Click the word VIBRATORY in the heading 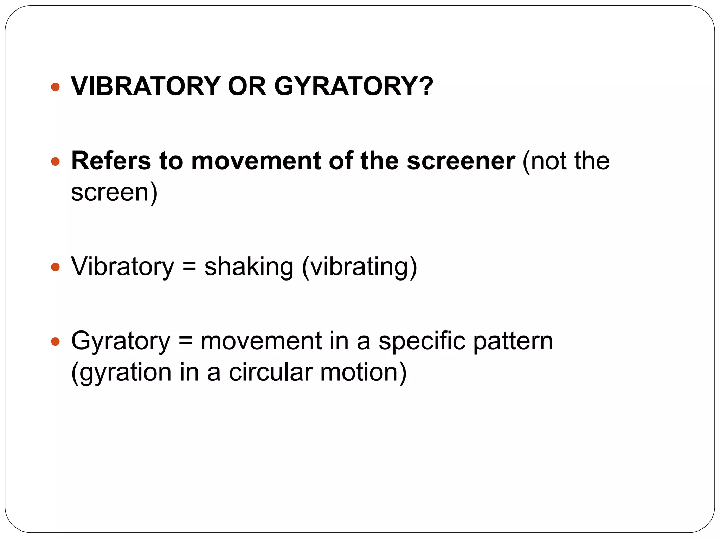click(146, 86)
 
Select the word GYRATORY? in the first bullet click(354, 86)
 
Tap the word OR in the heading click(247, 86)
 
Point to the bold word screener click(461, 161)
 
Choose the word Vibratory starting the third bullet click(123, 266)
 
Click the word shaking click(249, 266)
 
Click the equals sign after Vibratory click(189, 266)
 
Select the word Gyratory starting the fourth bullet click(121, 341)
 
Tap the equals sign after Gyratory click(185, 341)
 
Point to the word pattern click(513, 341)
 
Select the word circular click(271, 372)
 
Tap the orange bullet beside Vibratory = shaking click(55, 267)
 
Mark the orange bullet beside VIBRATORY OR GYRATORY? click(55, 87)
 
